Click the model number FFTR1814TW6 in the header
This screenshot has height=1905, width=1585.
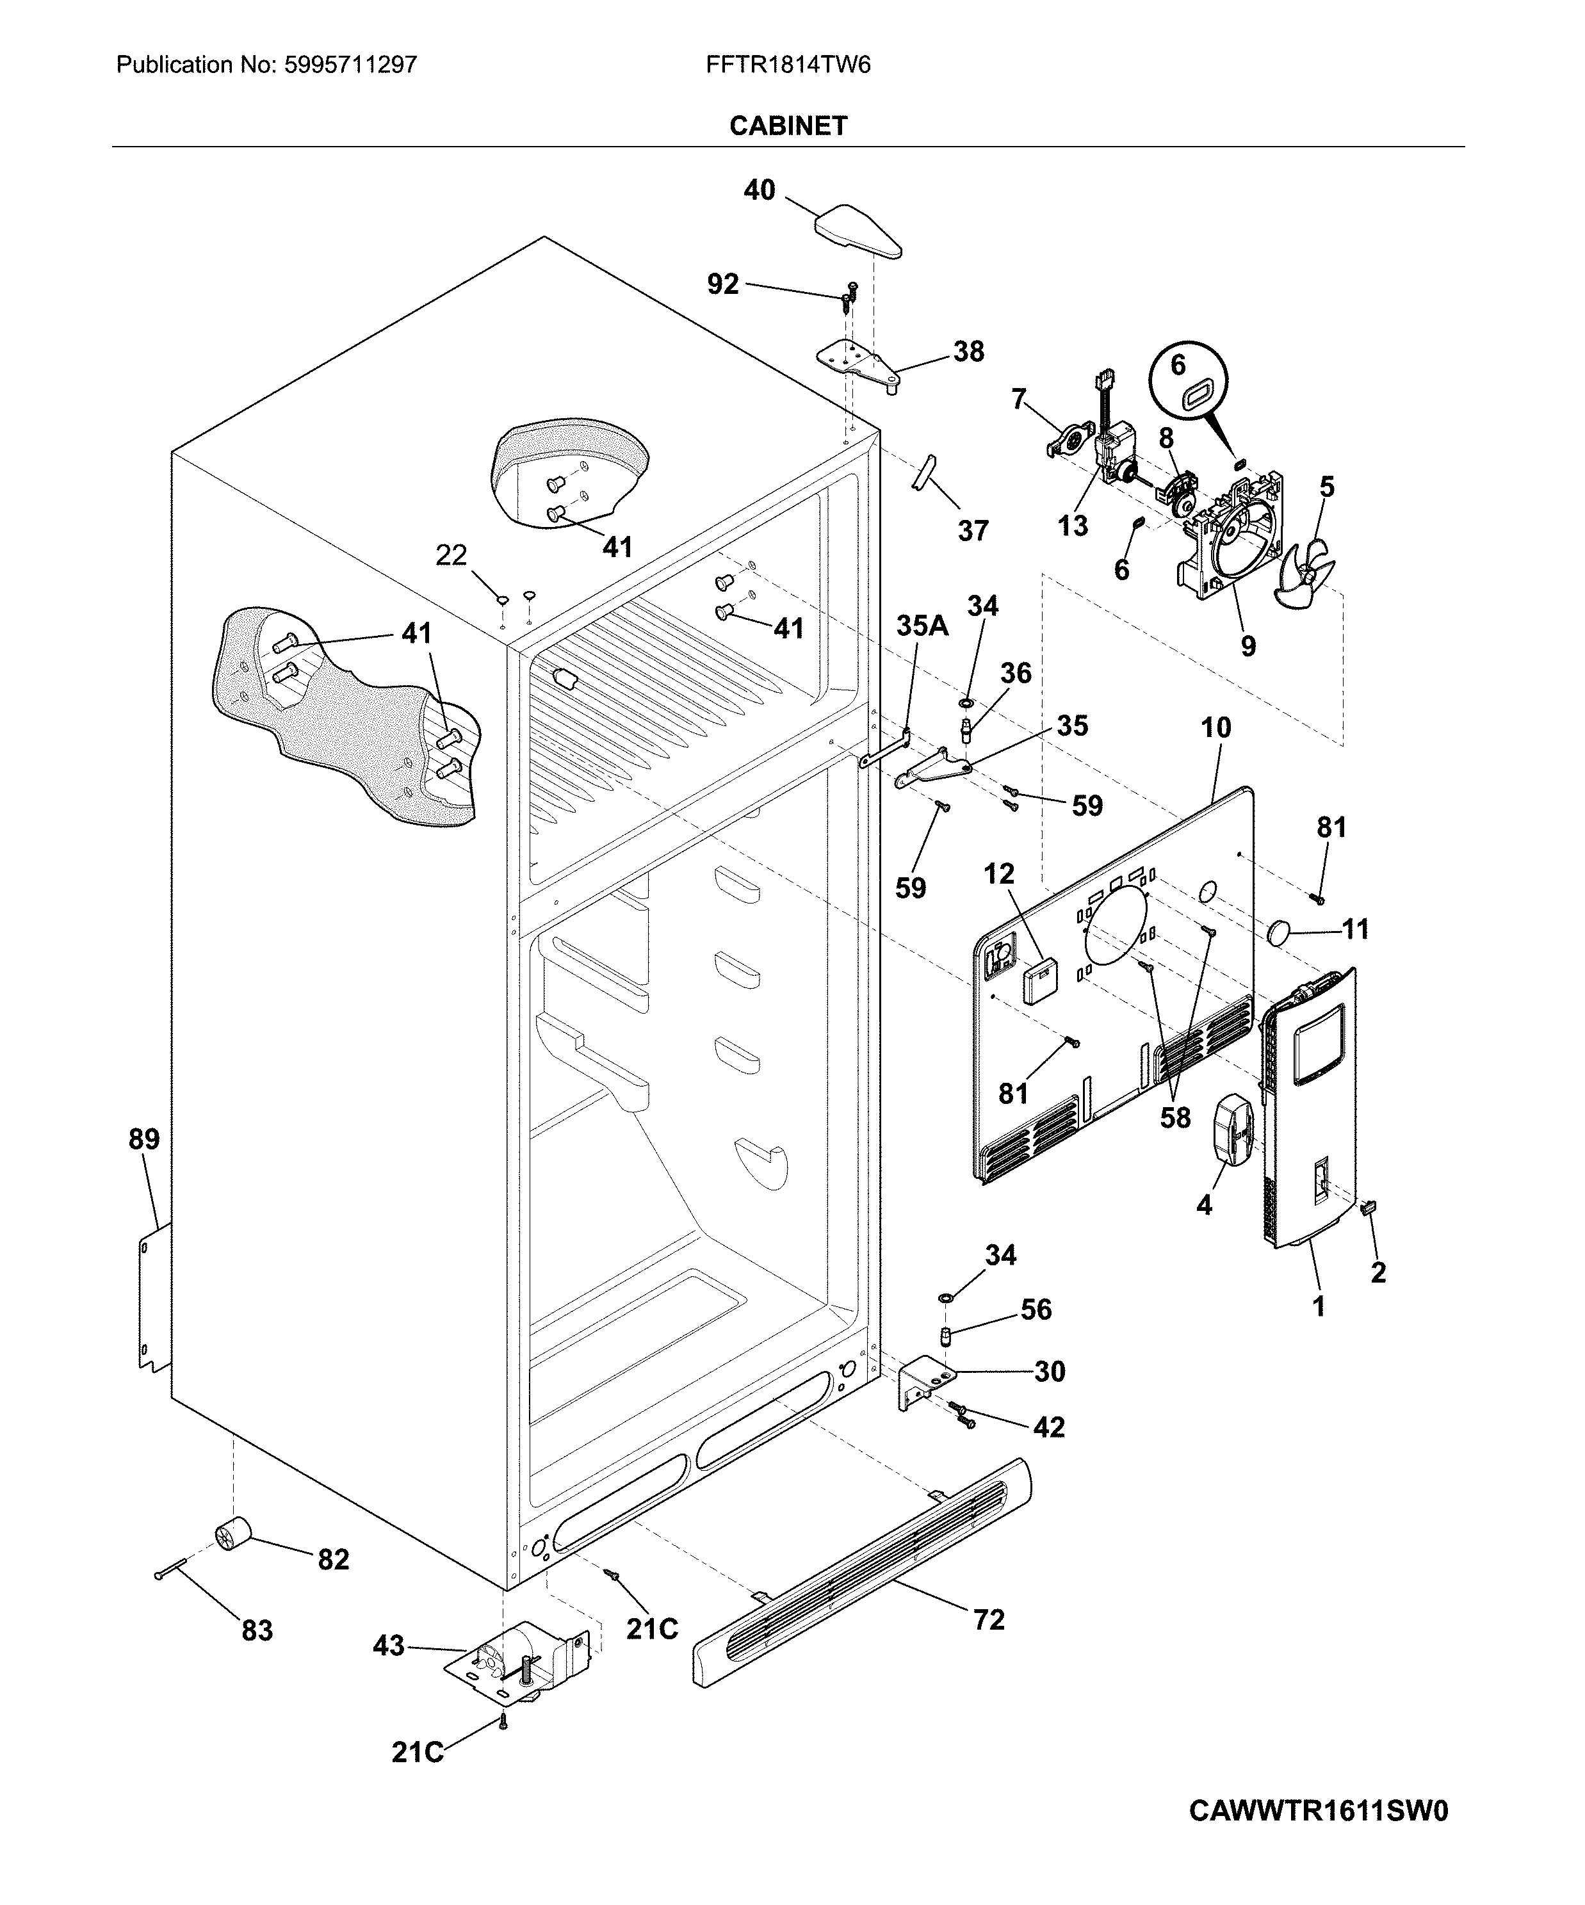pyautogui.click(x=788, y=65)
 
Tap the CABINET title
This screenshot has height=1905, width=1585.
pyautogui.click(x=788, y=126)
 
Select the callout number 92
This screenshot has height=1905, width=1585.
pyautogui.click(x=723, y=285)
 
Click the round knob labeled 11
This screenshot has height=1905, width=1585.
pyautogui.click(x=1281, y=932)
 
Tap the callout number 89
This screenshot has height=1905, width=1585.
pyautogui.click(x=144, y=1139)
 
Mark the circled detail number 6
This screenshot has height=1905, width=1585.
pyautogui.click(x=1178, y=365)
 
